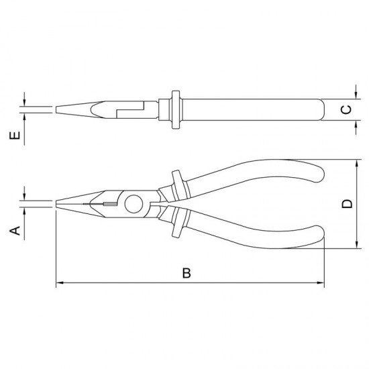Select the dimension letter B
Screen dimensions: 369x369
(x=187, y=273)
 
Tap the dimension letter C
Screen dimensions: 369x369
(x=347, y=109)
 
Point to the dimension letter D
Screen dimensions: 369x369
(x=347, y=204)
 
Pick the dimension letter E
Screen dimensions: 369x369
(x=15, y=136)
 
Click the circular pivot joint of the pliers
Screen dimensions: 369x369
(x=134, y=204)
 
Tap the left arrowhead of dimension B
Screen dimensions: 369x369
(x=60, y=282)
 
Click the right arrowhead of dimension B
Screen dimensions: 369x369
(x=321, y=282)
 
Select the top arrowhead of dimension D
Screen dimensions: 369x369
(x=357, y=163)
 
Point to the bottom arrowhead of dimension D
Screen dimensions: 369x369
(x=357, y=244)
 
